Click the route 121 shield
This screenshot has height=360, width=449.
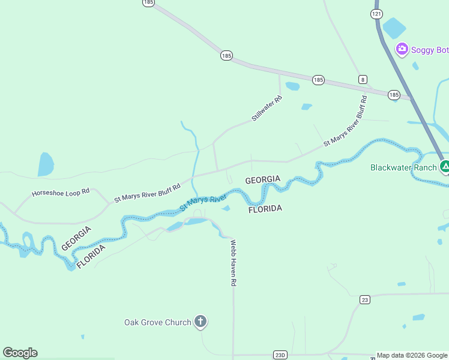click(376, 13)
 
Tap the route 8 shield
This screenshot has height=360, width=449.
click(363, 79)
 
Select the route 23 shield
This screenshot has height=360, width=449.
click(364, 299)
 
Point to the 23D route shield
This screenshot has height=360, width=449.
click(280, 355)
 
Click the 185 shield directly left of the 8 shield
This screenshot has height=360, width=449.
click(318, 79)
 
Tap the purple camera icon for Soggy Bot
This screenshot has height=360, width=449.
click(402, 49)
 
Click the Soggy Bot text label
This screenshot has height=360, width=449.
click(430, 50)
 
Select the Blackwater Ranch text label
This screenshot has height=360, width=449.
click(403, 167)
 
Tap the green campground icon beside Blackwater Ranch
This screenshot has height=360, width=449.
click(445, 167)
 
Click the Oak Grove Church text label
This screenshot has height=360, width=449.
click(157, 322)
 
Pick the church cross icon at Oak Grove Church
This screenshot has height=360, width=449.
click(200, 322)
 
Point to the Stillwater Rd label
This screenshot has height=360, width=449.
click(267, 109)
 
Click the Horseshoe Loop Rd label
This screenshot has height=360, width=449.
click(61, 193)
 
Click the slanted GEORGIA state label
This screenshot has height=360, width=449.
click(76, 238)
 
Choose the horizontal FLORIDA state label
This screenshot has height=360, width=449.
click(265, 209)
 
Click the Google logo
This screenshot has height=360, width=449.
click(20, 353)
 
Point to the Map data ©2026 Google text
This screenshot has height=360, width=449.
click(412, 355)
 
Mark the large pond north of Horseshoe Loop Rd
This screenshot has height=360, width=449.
click(45, 164)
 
